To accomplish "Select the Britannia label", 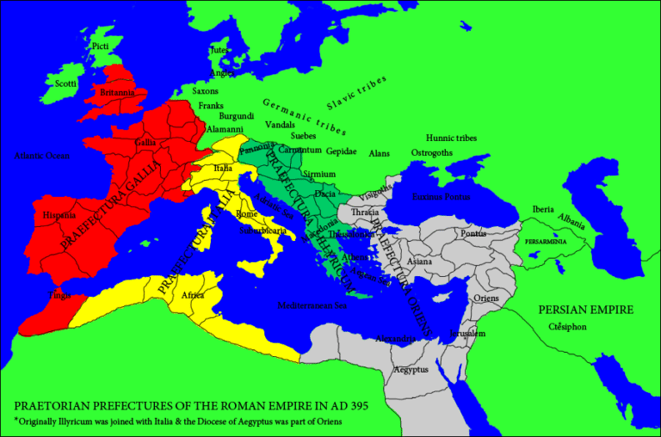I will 117,92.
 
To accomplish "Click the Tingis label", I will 60,295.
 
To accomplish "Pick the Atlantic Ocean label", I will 40,156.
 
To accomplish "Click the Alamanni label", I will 225,129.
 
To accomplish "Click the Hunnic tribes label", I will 451,138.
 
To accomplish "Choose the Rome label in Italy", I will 246,213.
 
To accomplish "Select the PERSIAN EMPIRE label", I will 586,310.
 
